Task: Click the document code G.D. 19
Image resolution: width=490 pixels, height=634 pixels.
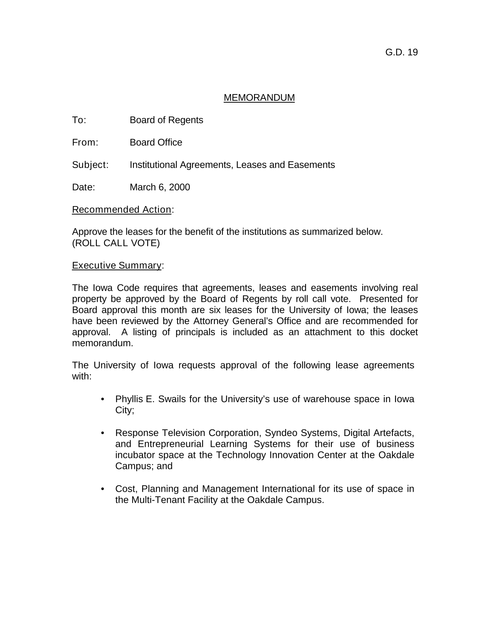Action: tap(401, 52)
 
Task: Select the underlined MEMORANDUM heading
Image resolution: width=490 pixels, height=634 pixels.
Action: tap(259, 98)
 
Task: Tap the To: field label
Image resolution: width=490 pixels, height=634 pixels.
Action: tap(79, 120)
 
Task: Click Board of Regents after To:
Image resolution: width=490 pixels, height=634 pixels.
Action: tap(166, 120)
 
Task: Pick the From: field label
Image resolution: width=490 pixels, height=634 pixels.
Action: tap(85, 143)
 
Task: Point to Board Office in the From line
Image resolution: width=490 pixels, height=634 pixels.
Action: tap(156, 143)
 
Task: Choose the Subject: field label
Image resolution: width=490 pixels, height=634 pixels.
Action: tap(90, 165)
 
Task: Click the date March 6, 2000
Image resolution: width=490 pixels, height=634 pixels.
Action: tap(159, 187)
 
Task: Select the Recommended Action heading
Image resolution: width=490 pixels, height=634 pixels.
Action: tap(122, 210)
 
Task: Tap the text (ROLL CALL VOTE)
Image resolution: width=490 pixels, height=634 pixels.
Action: tap(116, 243)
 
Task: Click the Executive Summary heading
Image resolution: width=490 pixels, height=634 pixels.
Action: tap(117, 266)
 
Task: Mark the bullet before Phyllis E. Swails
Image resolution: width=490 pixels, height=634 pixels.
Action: tap(103, 399)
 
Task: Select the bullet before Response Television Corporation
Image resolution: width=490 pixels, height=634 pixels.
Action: tap(103, 433)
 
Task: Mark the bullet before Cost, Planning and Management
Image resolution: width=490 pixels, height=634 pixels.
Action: tap(103, 489)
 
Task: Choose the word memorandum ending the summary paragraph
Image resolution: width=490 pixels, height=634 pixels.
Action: tap(103, 343)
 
